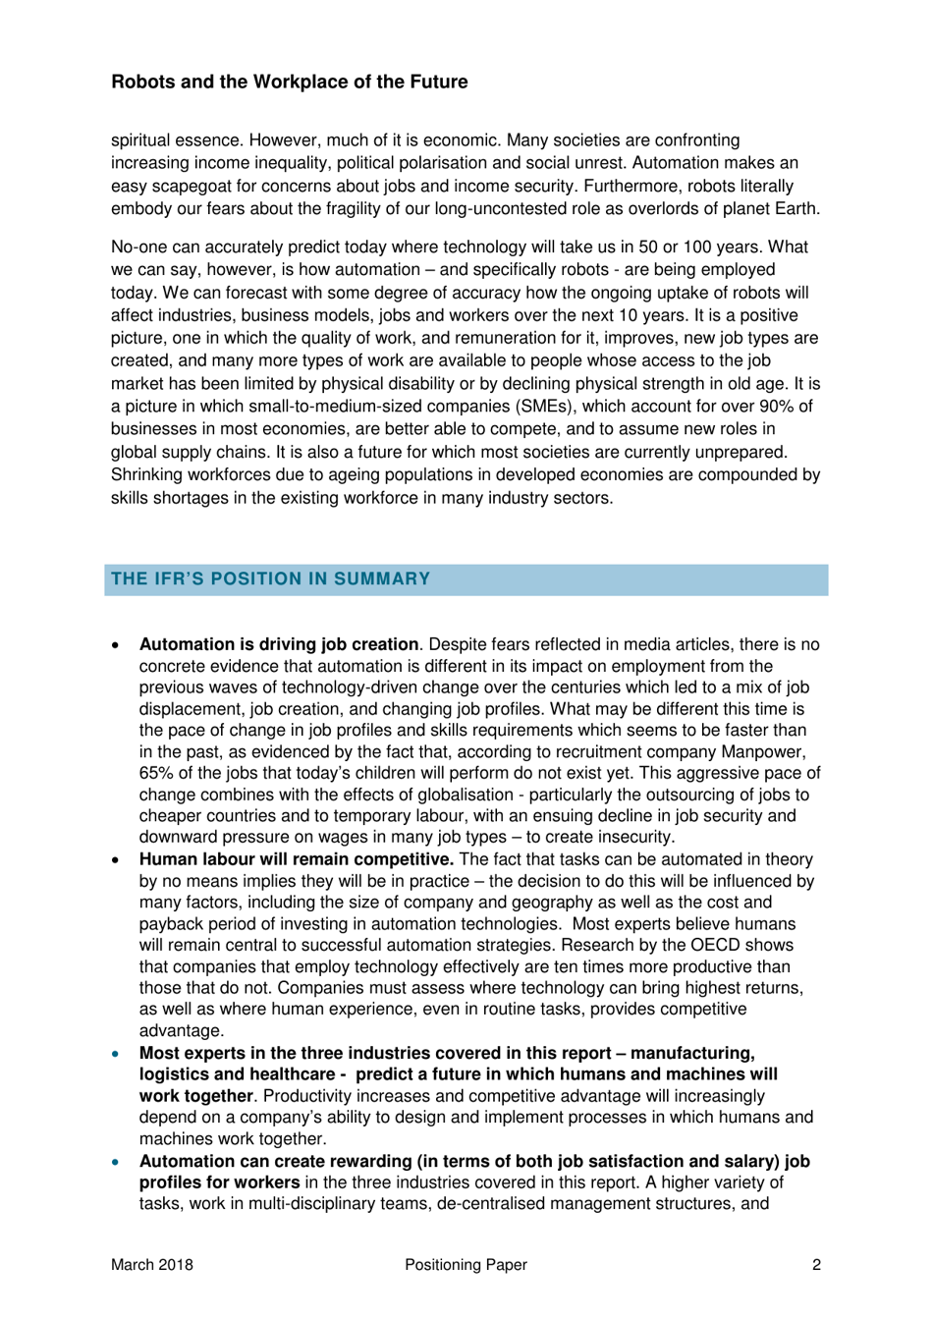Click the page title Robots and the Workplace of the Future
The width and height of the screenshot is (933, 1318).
click(x=290, y=82)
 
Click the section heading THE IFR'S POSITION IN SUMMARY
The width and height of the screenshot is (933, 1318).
click(x=271, y=579)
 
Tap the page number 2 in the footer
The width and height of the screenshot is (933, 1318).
click(x=816, y=1265)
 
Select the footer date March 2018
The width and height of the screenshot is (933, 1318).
click(x=152, y=1265)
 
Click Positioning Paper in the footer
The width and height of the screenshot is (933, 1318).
click(x=466, y=1265)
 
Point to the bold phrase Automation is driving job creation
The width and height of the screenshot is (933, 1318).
click(x=279, y=644)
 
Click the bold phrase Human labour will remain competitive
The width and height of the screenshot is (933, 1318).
click(x=296, y=859)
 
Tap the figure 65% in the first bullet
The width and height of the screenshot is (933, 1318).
click(x=157, y=773)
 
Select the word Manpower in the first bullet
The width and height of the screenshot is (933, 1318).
click(x=769, y=751)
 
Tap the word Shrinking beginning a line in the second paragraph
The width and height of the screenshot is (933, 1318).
click(x=148, y=475)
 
